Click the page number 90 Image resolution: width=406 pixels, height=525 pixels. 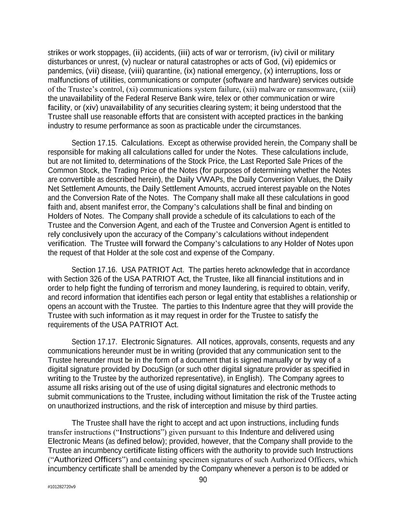coord(203,480)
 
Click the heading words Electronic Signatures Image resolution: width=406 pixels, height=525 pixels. coord(157,342)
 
